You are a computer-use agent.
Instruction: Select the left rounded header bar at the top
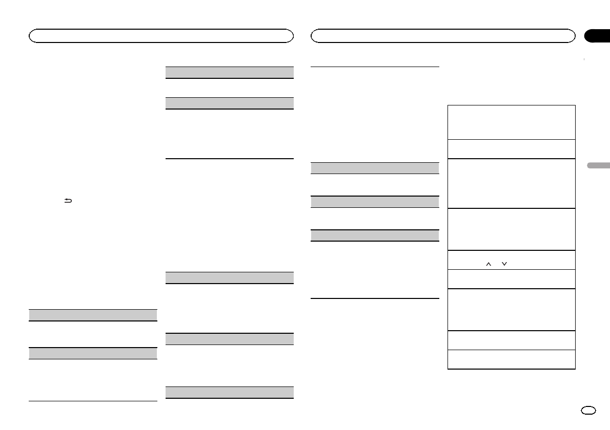[161, 36]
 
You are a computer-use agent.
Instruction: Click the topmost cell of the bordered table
[511, 122]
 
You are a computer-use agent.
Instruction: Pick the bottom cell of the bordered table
[511, 359]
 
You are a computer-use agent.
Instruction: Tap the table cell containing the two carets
[511, 260]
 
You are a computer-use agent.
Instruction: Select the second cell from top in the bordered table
[511, 149]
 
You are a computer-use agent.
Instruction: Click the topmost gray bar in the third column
[375, 168]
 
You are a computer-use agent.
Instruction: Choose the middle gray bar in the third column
[375, 201]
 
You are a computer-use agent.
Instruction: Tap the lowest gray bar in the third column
[375, 235]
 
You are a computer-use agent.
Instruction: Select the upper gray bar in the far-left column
[93, 315]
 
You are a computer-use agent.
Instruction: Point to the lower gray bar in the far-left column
[93, 353]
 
